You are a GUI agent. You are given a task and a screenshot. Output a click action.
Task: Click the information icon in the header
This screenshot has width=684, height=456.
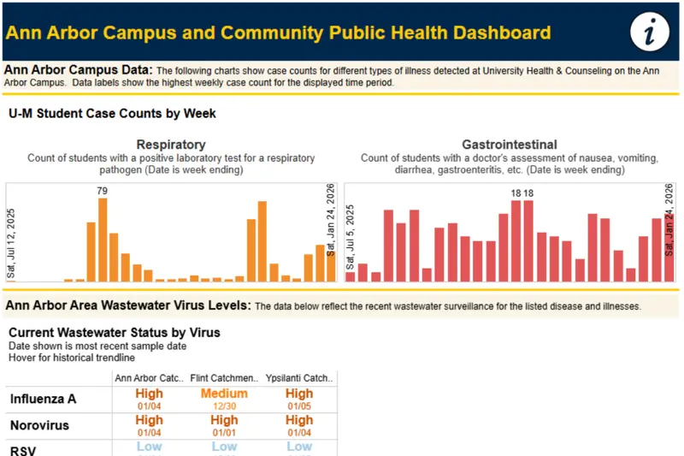[x=650, y=33]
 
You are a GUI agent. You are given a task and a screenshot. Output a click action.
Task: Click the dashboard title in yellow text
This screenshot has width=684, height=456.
[x=278, y=33]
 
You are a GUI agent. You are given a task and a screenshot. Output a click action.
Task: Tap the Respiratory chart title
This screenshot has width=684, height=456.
[x=171, y=145]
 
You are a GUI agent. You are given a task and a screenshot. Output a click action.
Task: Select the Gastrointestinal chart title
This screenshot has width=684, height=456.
[x=510, y=145]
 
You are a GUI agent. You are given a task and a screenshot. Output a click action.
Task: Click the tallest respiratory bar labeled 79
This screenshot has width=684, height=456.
[x=103, y=240]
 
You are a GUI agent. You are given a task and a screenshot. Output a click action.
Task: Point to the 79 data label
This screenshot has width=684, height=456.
[x=103, y=191]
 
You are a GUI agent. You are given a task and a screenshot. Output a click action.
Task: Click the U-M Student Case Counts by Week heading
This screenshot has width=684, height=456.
[x=113, y=113]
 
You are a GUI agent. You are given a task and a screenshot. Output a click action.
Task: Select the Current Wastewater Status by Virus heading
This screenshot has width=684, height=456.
[x=115, y=332]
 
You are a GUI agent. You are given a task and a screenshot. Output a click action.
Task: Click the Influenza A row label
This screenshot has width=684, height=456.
[x=42, y=399]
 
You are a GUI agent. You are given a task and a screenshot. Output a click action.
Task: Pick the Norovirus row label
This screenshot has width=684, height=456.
[x=39, y=425]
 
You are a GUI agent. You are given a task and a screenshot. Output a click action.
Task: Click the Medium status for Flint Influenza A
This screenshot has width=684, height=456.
[x=224, y=394]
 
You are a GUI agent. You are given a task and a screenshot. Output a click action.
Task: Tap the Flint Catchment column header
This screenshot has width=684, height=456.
[x=224, y=377]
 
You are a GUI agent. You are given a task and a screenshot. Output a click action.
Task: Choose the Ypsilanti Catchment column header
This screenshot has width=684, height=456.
[x=299, y=377]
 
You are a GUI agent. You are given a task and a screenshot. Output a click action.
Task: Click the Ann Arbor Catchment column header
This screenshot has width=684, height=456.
[x=149, y=377]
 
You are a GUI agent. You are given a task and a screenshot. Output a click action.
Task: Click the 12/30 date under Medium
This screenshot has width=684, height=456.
[x=224, y=406]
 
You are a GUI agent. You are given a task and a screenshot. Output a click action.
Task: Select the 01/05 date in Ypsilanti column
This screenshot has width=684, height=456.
[x=299, y=406]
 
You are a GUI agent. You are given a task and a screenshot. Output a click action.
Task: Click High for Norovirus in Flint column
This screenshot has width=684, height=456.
[x=224, y=420]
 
